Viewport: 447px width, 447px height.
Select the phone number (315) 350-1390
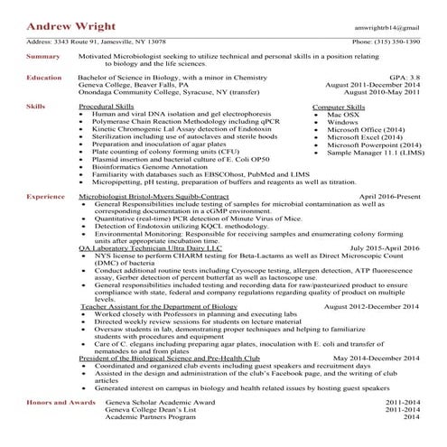[x=386, y=42]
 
